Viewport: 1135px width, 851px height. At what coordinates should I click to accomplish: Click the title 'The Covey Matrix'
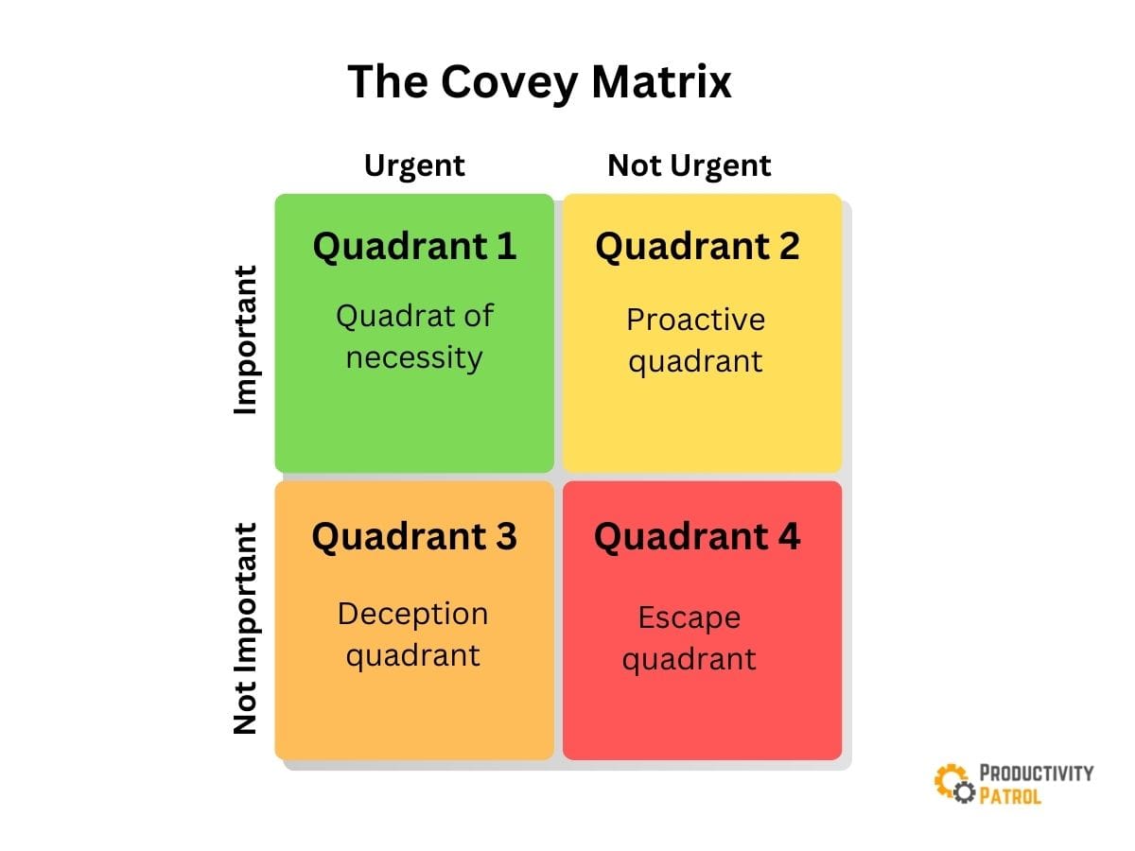tap(539, 82)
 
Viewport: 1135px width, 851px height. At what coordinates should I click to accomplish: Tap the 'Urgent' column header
tap(414, 165)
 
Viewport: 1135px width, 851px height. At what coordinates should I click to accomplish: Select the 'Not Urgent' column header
tap(689, 165)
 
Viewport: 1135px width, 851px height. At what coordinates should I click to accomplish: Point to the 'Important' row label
tap(245, 339)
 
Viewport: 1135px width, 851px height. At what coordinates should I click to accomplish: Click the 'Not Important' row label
tap(245, 629)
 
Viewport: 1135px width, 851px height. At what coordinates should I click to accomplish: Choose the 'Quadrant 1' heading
tap(414, 246)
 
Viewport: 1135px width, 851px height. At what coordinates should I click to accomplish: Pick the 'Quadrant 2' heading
tap(697, 246)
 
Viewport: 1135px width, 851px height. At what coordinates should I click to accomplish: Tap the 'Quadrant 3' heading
tap(414, 537)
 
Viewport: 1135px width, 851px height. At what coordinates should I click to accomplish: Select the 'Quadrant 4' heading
tap(697, 537)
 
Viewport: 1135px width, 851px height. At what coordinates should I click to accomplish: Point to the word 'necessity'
tap(414, 357)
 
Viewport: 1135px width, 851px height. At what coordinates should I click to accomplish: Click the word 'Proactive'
tap(695, 320)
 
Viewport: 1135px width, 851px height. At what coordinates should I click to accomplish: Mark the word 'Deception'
tap(412, 615)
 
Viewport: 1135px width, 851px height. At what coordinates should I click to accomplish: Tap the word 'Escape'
tap(689, 618)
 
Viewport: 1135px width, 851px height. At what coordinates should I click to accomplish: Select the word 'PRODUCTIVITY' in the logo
tap(1036, 773)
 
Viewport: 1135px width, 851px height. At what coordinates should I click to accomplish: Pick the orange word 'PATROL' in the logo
tap(1011, 795)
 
